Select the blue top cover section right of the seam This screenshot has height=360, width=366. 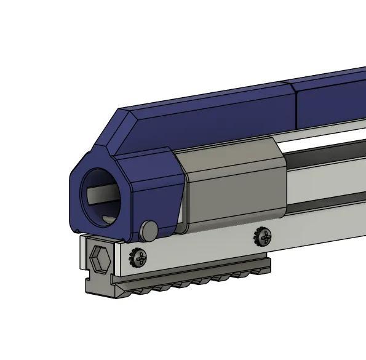[332, 98]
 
